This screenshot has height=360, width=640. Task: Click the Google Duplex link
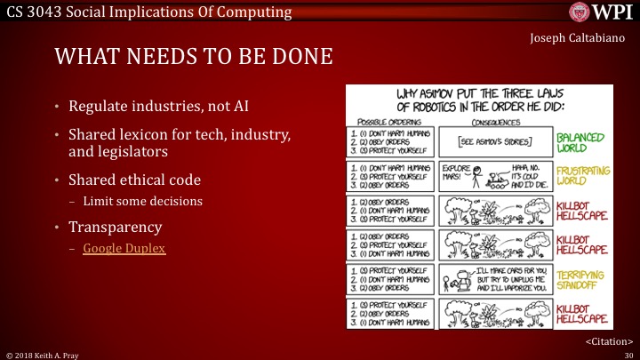point(124,249)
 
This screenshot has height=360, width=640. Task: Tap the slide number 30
point(627,354)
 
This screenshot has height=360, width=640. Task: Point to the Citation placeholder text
point(608,340)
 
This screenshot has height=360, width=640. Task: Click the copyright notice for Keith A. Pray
point(44,354)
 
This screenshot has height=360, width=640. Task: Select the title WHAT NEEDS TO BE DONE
point(194,58)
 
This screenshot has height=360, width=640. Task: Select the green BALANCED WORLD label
point(580,141)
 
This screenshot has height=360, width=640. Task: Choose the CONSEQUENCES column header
point(494,120)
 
